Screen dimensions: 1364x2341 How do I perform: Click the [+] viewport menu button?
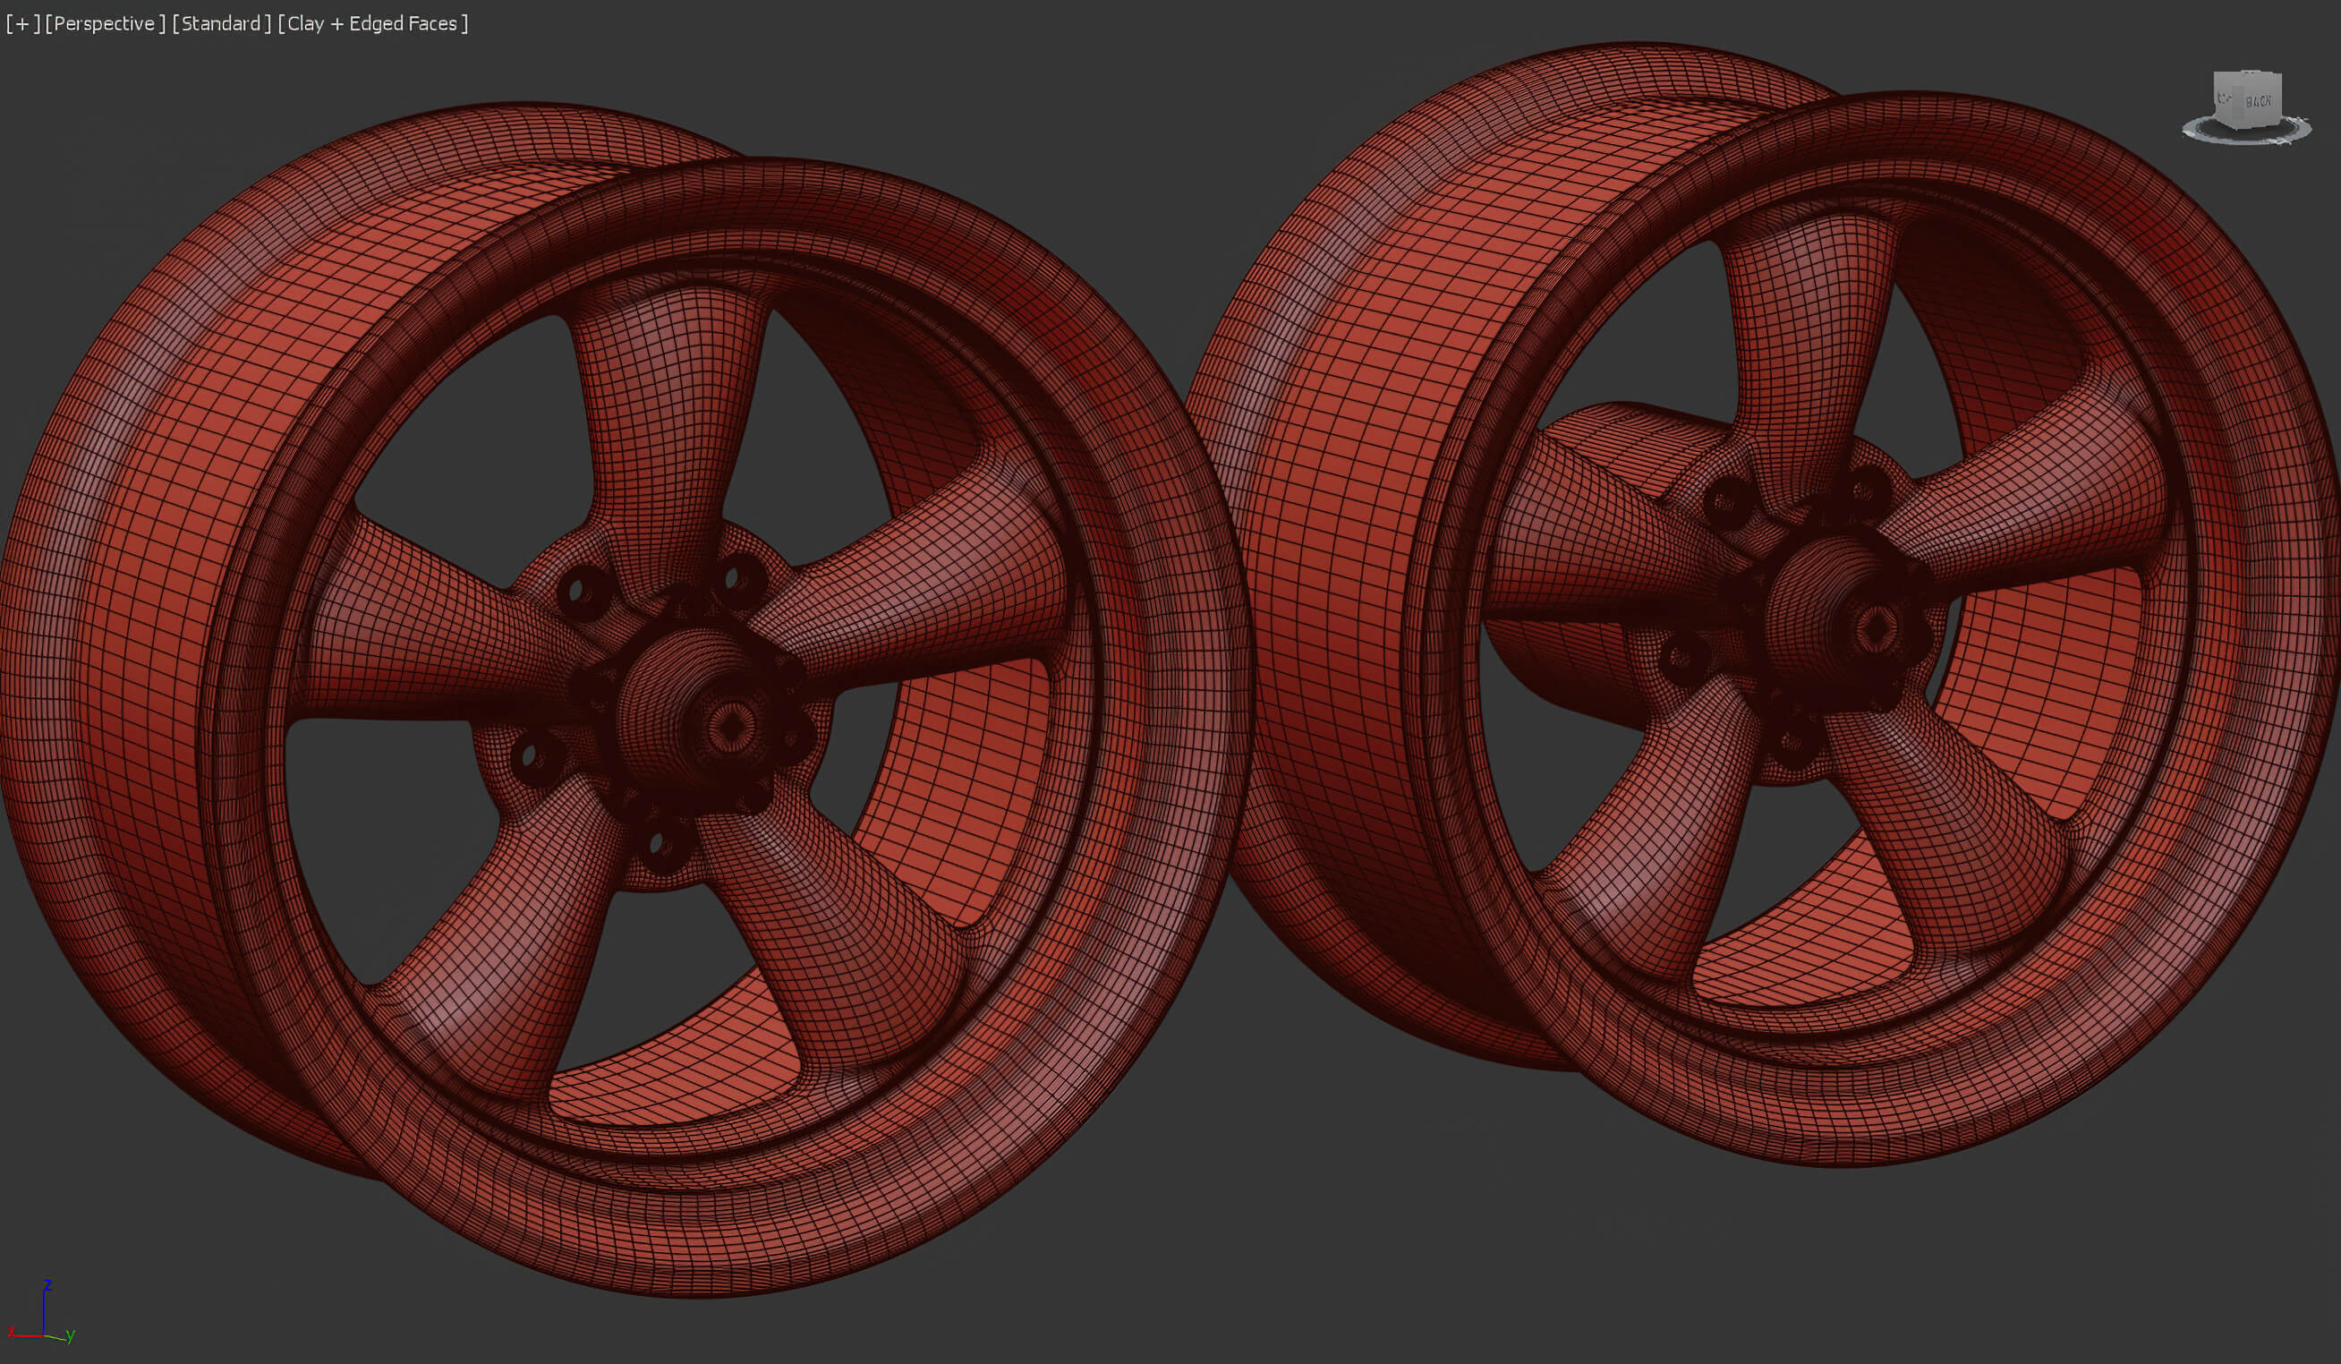[22, 24]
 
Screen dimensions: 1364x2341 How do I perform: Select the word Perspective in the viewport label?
[103, 24]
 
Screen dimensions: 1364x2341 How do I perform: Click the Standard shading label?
[221, 24]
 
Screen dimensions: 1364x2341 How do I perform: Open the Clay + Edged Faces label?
[371, 24]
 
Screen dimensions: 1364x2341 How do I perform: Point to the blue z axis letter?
[47, 1285]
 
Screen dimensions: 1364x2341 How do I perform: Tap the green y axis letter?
[72, 1335]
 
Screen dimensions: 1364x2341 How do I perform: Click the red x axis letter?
[11, 1333]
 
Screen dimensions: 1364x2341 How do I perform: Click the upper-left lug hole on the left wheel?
[577, 590]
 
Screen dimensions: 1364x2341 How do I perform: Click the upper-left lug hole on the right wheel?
[1726, 503]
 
